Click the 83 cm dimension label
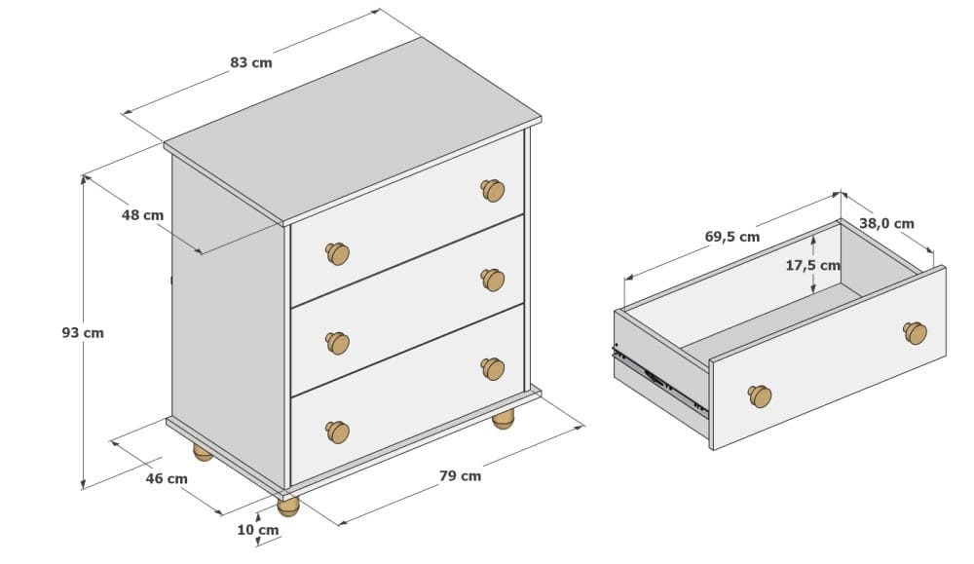point(251,62)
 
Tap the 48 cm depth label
point(142,215)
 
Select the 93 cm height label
point(83,333)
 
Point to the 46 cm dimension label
point(167,479)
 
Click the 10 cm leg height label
point(258,530)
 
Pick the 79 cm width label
point(461,476)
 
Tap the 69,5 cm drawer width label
point(732,237)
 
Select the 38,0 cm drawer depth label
point(886,224)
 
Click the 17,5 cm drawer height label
point(812,266)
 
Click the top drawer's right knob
point(493,190)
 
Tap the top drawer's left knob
point(337,253)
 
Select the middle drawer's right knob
point(493,280)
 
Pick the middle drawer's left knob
point(337,343)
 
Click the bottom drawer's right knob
point(493,369)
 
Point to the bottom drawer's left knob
point(337,432)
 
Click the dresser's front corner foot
point(288,506)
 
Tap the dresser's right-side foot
point(504,419)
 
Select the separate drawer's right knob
point(915,333)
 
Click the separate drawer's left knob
point(759,396)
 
